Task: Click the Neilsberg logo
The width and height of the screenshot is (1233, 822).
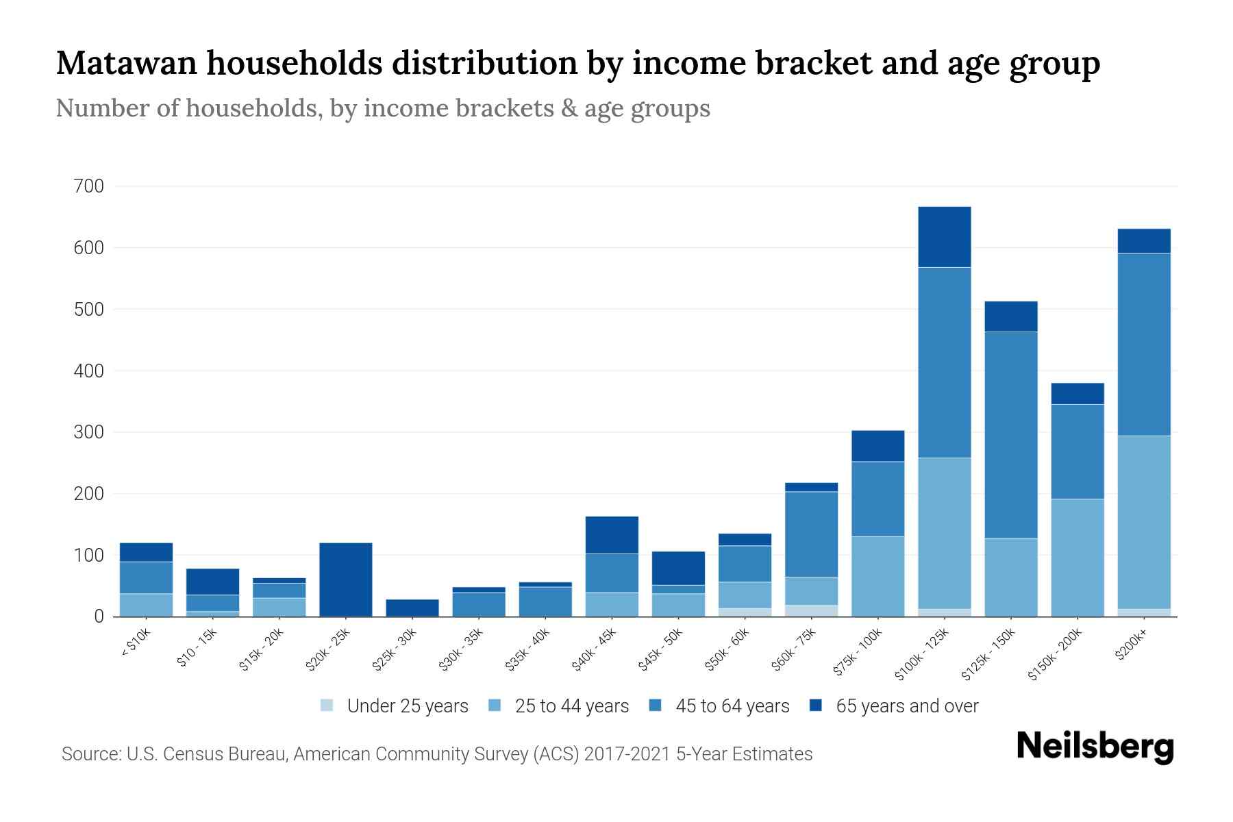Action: point(1095,747)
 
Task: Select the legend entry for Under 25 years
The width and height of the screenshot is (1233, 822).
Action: point(394,706)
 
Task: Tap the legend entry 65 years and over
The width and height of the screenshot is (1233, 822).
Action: point(894,706)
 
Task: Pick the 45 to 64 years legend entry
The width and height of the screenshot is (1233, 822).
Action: point(719,706)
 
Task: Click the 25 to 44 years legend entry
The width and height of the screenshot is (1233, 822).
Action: point(559,706)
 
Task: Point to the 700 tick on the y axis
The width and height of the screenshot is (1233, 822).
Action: point(88,186)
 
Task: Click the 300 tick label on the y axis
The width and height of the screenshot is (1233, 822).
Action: point(88,432)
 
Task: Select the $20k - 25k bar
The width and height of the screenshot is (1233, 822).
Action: point(346,580)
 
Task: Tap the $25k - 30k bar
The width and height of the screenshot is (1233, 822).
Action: point(412,608)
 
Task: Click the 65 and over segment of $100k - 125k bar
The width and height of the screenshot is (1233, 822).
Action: point(945,237)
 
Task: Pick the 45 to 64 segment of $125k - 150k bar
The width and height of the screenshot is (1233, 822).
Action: point(1011,435)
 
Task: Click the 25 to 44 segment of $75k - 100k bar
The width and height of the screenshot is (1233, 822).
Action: point(878,576)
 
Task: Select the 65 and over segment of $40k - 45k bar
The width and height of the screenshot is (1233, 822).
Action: point(612,535)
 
